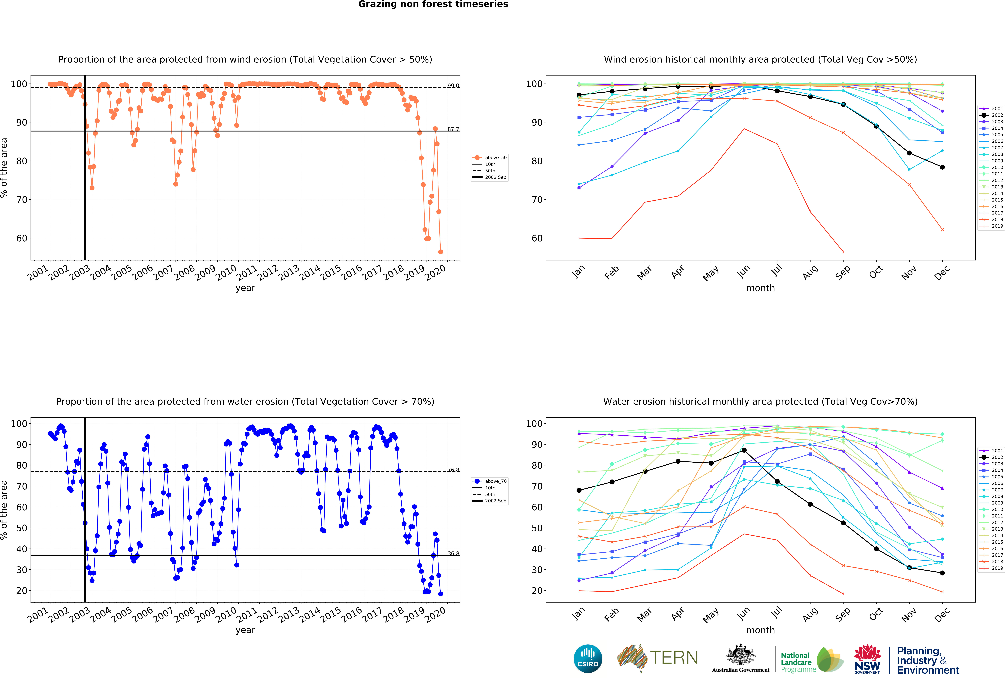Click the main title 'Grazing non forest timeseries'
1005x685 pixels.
pyautogui.click(x=433, y=4)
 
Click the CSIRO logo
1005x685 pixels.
pyautogui.click(x=588, y=659)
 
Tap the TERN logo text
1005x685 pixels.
pyautogui.click(x=674, y=658)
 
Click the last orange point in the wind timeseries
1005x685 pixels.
pyautogui.click(x=440, y=252)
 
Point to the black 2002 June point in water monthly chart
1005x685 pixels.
pyautogui.click(x=744, y=450)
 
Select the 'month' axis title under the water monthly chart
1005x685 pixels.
pyautogui.click(x=760, y=630)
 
